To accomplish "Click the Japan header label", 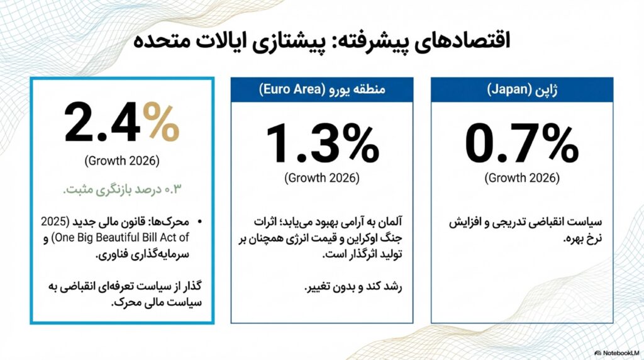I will [x=521, y=89].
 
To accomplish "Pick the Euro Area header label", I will [x=322, y=89].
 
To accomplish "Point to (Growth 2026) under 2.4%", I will [x=121, y=160].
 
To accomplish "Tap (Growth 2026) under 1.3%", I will [x=322, y=178].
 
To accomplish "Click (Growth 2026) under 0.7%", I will [x=521, y=178].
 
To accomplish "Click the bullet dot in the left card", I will [x=201, y=222].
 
